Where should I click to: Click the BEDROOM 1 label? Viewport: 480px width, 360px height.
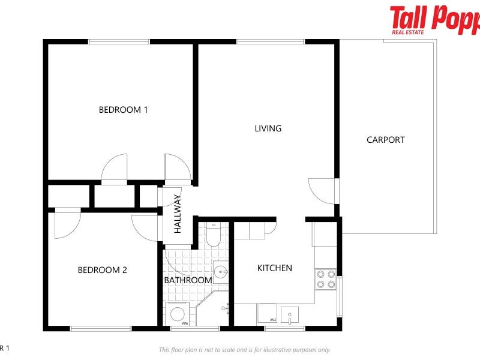[123, 110]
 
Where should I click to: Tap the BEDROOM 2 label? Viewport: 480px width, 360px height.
[102, 270]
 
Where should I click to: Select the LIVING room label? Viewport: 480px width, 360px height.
[268, 128]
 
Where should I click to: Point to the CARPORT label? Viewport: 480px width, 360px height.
[385, 140]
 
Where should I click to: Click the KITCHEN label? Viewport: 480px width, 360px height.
[274, 268]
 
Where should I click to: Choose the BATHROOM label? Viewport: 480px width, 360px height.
[188, 280]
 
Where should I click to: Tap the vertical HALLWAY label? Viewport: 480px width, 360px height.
[178, 214]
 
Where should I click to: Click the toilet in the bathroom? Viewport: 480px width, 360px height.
[214, 235]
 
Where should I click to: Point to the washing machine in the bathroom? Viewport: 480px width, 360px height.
[177, 314]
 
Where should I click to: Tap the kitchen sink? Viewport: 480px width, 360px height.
[289, 314]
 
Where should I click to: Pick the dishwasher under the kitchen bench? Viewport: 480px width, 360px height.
[267, 314]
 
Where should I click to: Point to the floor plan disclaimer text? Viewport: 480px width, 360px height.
[244, 350]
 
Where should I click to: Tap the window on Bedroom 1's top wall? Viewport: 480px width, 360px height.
[119, 42]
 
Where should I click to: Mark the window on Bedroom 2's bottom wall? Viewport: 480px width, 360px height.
[101, 328]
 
